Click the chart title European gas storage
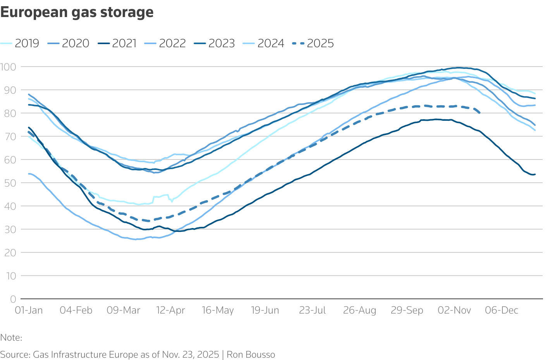click(77, 12)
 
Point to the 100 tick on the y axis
click(9, 67)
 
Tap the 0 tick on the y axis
click(13, 299)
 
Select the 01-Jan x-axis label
click(29, 310)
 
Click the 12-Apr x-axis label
click(171, 310)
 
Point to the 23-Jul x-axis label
click(312, 310)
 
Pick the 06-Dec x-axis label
click(502, 310)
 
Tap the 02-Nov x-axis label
click(454, 310)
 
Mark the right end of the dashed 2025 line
click(480, 113)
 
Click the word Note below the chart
click(10, 338)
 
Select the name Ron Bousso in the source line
click(251, 355)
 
